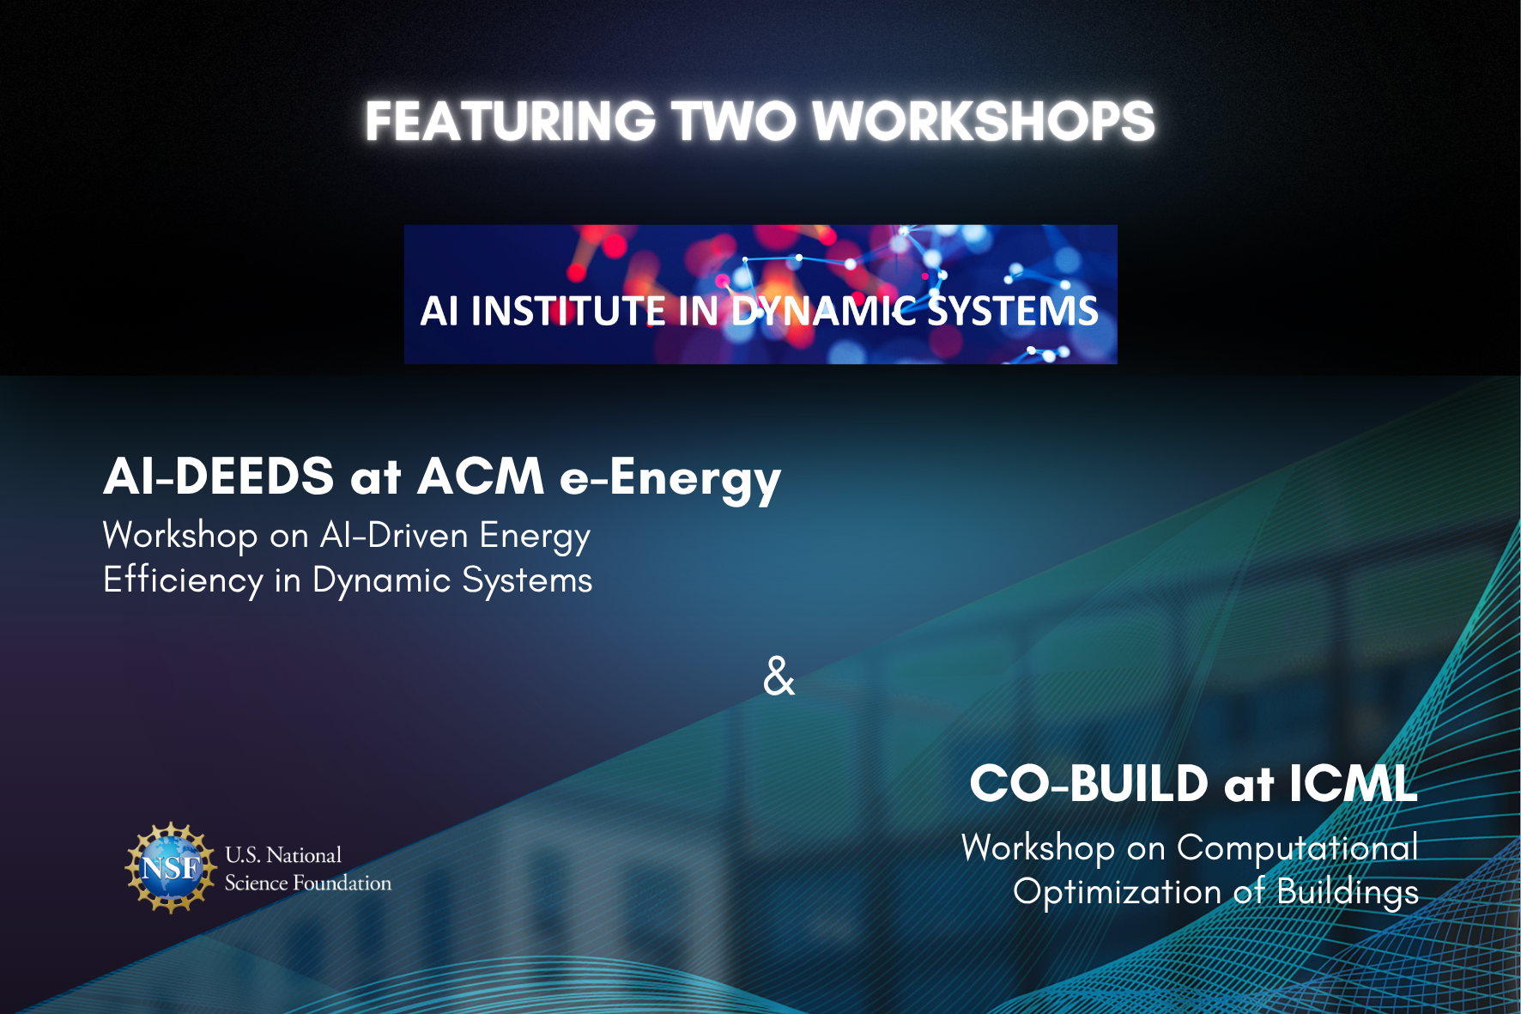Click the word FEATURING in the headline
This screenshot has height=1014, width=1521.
coord(510,121)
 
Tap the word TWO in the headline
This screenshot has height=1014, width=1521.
coord(735,121)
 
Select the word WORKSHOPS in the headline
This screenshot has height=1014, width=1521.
coord(984,121)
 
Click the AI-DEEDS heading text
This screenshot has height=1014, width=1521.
coord(219,477)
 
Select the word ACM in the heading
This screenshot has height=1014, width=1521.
coord(481,477)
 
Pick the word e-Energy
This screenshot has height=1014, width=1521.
coord(670,480)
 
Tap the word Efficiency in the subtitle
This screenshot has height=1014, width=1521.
coord(183,581)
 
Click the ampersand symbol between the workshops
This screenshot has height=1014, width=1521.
coord(779,676)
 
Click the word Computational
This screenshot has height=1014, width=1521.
coord(1297,848)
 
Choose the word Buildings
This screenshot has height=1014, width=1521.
coord(1348,893)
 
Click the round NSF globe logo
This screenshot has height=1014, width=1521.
coord(171,868)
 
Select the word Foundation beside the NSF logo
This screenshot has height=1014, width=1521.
coord(342,883)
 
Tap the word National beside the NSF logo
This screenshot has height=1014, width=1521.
coord(304,855)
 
